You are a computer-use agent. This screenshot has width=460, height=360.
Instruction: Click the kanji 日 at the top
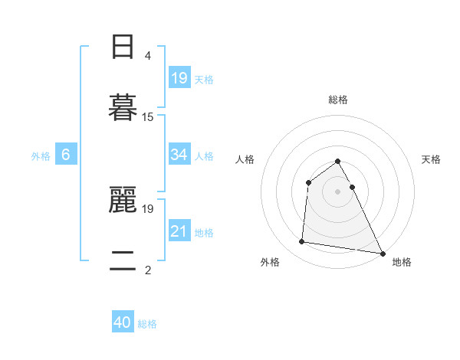click(x=123, y=47)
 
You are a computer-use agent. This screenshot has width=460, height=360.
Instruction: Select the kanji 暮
click(x=123, y=106)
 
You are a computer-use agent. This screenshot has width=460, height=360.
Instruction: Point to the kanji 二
click(x=123, y=261)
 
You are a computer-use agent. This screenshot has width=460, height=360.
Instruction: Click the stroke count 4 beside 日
click(x=148, y=56)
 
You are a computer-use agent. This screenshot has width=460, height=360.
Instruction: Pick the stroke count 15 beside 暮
click(x=148, y=117)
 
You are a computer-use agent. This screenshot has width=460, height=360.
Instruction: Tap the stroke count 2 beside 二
click(x=148, y=270)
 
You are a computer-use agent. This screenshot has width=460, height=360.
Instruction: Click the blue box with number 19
click(x=179, y=78)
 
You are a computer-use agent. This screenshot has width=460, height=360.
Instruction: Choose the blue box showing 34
click(x=179, y=155)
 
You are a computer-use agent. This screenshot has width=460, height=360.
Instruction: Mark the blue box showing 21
click(x=179, y=231)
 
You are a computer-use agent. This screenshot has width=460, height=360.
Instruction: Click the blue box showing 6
click(x=66, y=155)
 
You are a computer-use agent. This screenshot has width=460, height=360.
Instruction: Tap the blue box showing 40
click(x=123, y=323)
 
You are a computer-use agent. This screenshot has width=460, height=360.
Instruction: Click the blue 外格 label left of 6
click(x=41, y=156)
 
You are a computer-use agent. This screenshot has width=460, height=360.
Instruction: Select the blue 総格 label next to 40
click(x=147, y=325)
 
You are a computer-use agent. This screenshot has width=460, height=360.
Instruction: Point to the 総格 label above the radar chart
click(x=338, y=100)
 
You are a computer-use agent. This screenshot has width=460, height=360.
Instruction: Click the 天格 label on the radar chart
click(x=432, y=159)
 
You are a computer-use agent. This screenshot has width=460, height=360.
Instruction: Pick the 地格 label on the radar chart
click(x=402, y=262)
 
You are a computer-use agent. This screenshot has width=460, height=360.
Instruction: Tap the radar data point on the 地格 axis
click(x=383, y=254)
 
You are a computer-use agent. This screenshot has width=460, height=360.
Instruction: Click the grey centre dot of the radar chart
click(x=338, y=191)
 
